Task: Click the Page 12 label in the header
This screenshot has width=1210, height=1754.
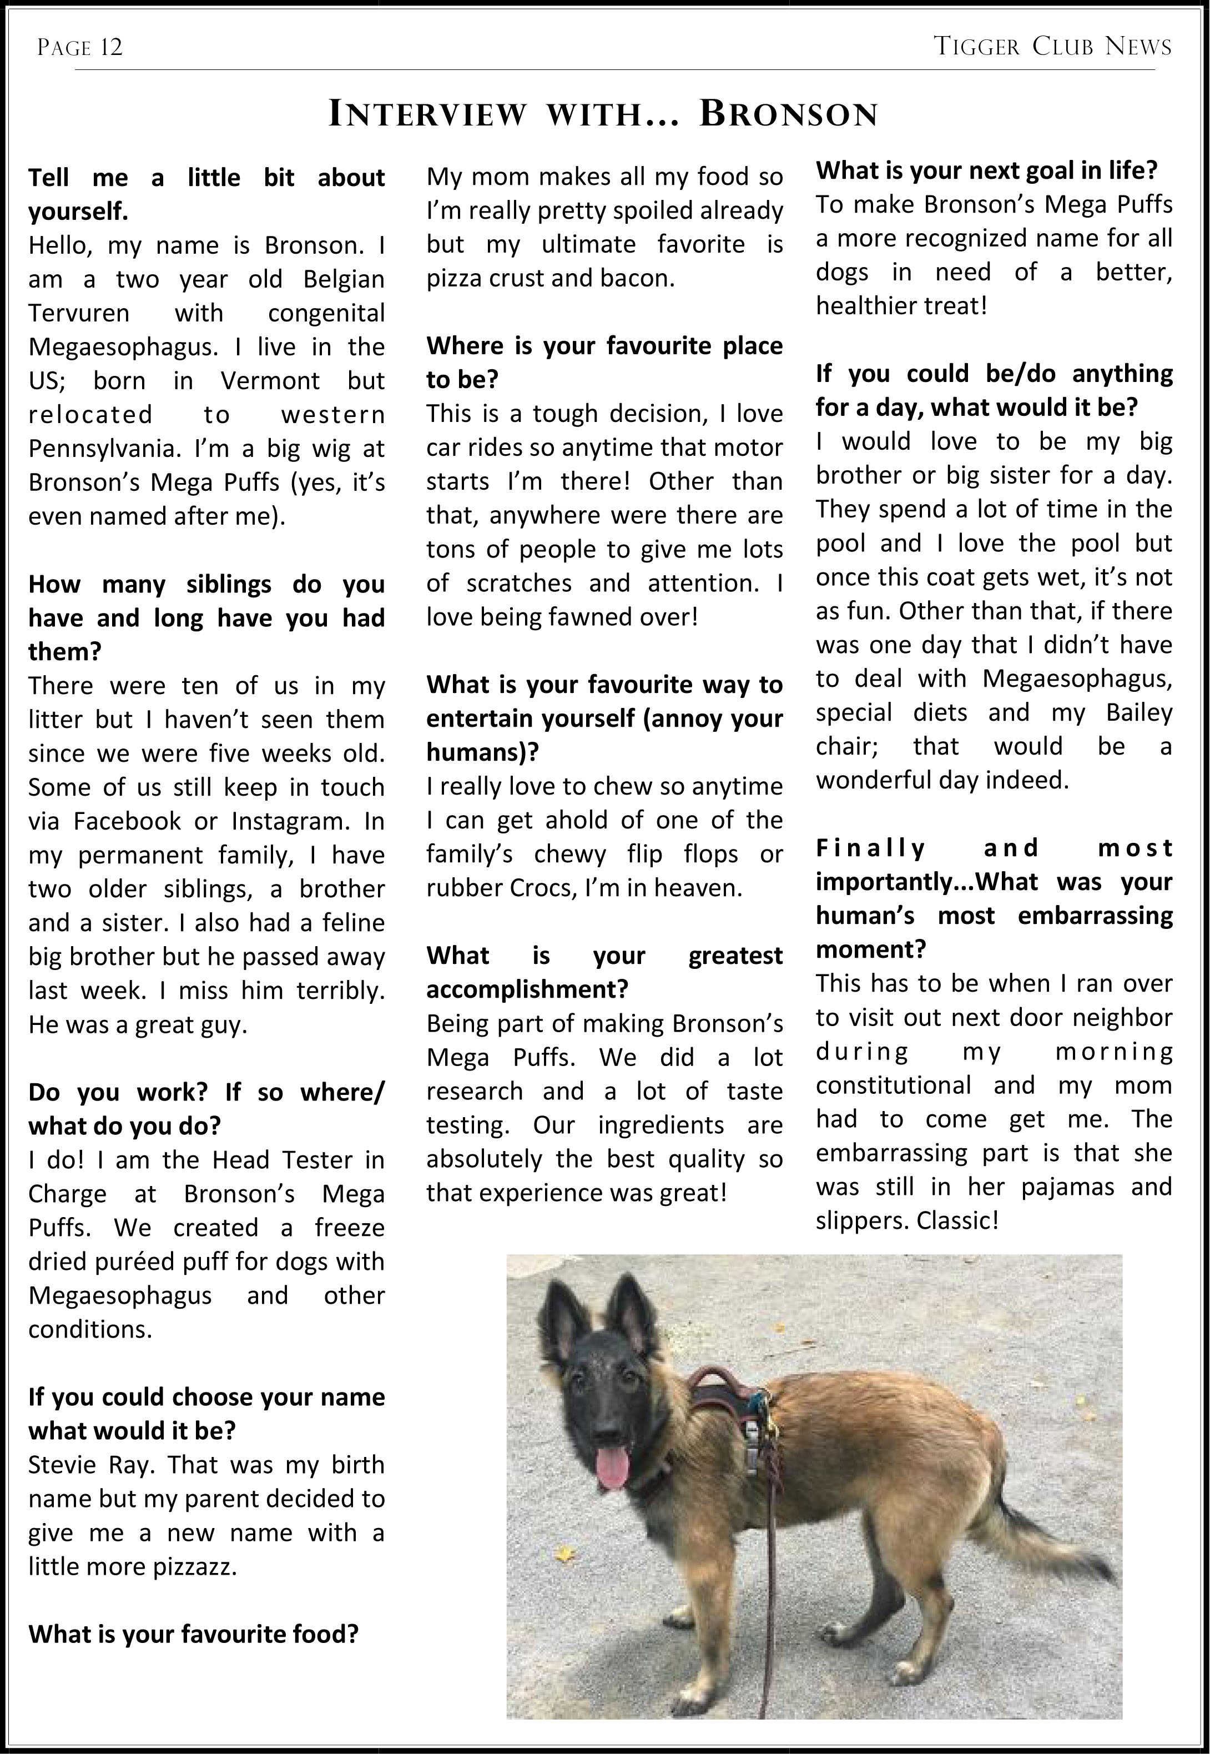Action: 79,48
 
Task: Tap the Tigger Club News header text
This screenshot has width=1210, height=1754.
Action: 1052,47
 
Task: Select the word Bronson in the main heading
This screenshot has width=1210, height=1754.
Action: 789,114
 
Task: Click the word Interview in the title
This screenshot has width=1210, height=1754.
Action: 427,114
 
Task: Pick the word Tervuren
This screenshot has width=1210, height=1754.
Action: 79,313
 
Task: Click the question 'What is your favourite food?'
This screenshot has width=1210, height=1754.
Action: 193,1634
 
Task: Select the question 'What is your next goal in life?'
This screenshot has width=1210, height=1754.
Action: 986,170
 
